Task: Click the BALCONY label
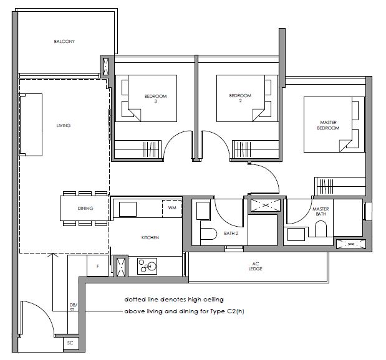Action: click(x=64, y=41)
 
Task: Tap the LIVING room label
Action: click(x=64, y=125)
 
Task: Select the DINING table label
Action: click(x=85, y=208)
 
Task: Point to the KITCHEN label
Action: click(x=150, y=237)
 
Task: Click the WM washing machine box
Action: click(x=172, y=209)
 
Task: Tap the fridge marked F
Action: click(x=97, y=266)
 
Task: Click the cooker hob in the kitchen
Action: click(x=147, y=266)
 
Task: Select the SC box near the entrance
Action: click(x=70, y=343)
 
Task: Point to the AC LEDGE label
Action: click(x=255, y=267)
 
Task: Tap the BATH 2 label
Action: click(x=231, y=233)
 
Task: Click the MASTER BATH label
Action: click(x=321, y=212)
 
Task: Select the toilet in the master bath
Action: click(x=321, y=229)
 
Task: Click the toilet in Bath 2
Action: click(x=208, y=234)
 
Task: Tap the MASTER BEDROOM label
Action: click(x=328, y=125)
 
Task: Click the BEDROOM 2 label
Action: click(x=240, y=98)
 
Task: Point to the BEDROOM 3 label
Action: click(x=155, y=98)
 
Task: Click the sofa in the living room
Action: click(x=31, y=125)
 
